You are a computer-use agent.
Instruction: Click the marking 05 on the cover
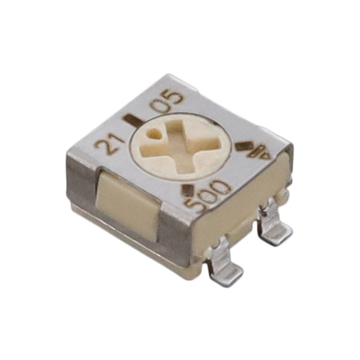coord(167,101)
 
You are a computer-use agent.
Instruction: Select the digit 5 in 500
coord(197,207)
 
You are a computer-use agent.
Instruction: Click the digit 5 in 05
coord(174,97)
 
